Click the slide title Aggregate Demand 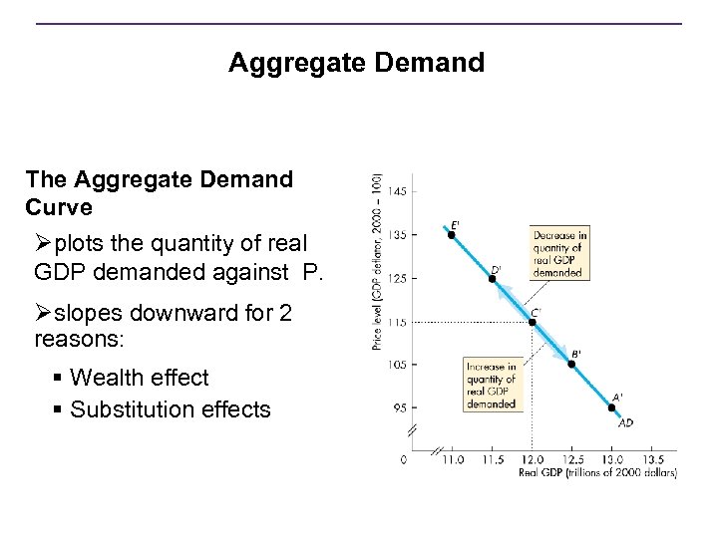point(356,64)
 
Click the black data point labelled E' point(451,235)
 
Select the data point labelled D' point(492,278)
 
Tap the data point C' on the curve point(532,321)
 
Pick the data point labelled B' point(571,364)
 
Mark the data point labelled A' point(611,406)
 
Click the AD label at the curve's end point(625,422)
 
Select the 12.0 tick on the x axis point(532,460)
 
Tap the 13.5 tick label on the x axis point(652,460)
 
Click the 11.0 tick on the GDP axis point(452,460)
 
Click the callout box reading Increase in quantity point(491,385)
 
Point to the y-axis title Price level point(377,261)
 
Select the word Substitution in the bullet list point(131,408)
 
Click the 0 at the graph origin point(404,460)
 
